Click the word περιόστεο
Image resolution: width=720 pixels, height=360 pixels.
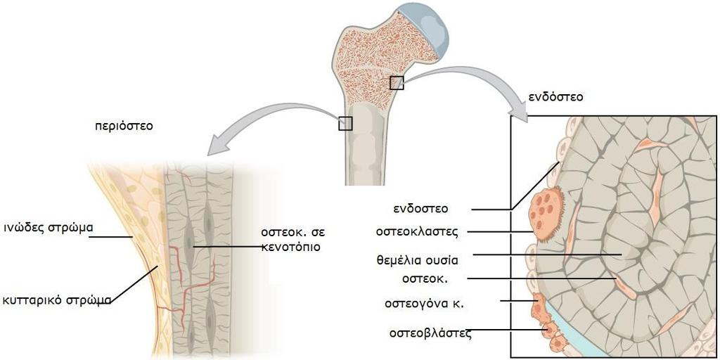click(x=124, y=127)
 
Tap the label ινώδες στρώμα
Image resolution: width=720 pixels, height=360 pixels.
click(x=49, y=227)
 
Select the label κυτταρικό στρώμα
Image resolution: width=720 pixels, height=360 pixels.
click(x=57, y=301)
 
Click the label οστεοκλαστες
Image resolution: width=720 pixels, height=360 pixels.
click(x=417, y=231)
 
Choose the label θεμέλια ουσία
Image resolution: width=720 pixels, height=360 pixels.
click(x=417, y=260)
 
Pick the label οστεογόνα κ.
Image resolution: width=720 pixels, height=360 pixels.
click(x=424, y=304)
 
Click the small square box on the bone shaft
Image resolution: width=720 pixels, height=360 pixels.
click(x=345, y=124)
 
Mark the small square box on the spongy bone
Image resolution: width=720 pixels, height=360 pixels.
click(x=397, y=83)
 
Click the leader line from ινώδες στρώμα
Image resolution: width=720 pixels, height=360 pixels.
click(x=111, y=237)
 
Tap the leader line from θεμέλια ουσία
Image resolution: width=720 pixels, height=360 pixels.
click(x=547, y=254)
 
